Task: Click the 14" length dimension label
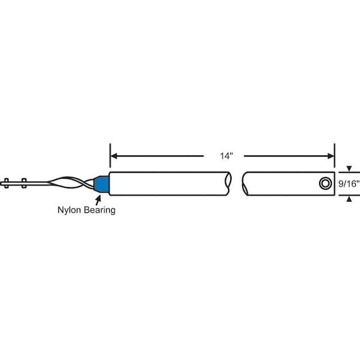pyautogui.click(x=226, y=156)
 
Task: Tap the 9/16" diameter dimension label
pyautogui.click(x=349, y=185)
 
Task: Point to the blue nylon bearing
pyautogui.click(x=102, y=184)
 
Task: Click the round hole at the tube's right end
pyautogui.click(x=325, y=182)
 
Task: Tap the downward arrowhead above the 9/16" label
pyautogui.click(x=349, y=170)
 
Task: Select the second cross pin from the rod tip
pyautogui.click(x=23, y=182)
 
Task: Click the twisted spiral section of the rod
pyautogui.click(x=66, y=183)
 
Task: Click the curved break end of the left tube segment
pyautogui.click(x=231, y=184)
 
